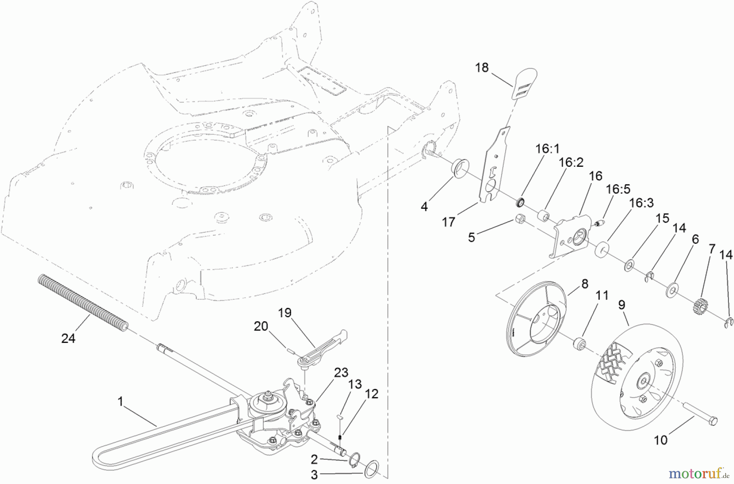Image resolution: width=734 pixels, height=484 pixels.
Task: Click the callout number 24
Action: [68, 338]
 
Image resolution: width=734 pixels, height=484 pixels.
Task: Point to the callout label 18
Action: [482, 67]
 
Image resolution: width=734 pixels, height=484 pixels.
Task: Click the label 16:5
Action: [618, 189]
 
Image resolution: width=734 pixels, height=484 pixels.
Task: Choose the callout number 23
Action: [341, 372]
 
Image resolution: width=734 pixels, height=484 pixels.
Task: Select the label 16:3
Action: [641, 203]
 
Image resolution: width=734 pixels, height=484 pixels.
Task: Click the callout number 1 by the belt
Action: [120, 402]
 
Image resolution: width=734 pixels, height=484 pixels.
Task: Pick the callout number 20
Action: [261, 326]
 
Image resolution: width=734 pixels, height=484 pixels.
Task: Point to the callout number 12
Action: [371, 393]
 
